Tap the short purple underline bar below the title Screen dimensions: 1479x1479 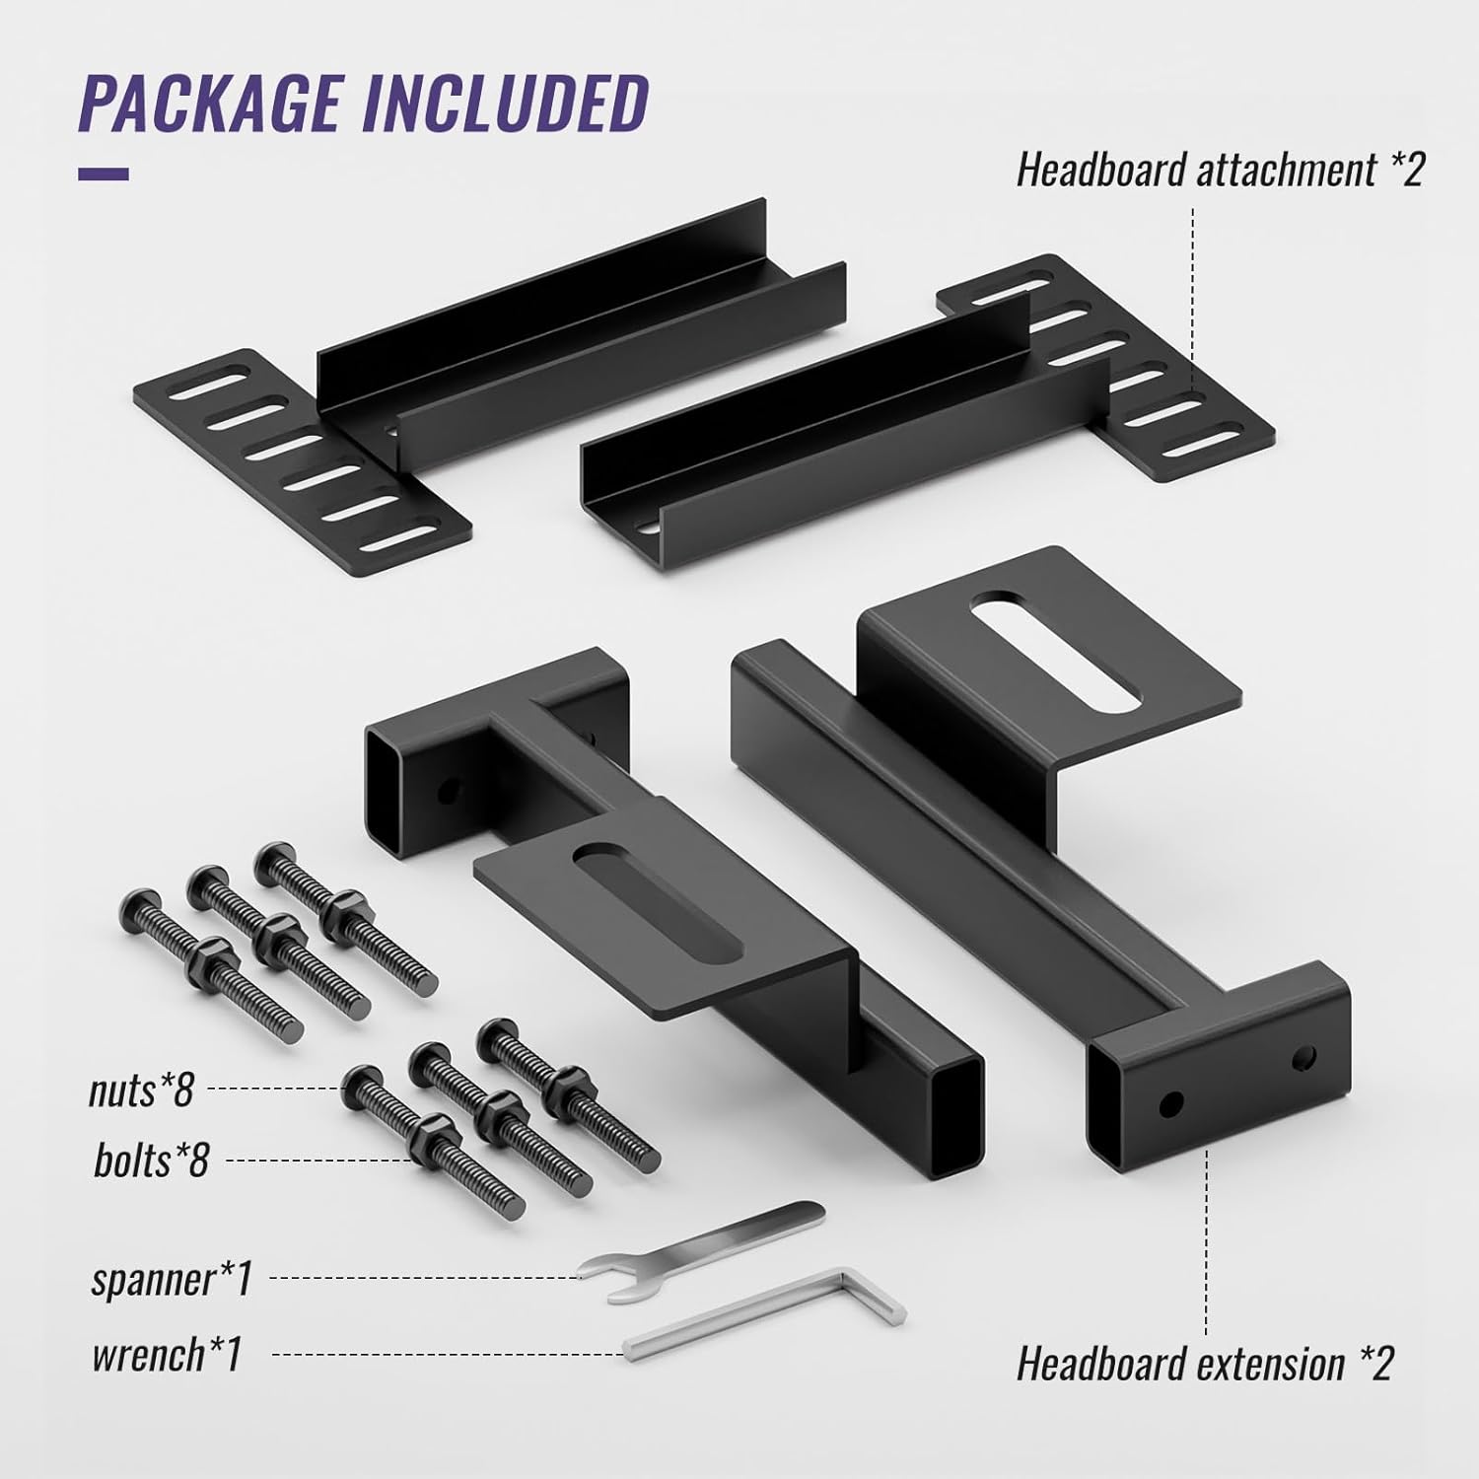click(x=104, y=175)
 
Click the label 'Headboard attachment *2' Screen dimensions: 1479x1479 click(x=1220, y=171)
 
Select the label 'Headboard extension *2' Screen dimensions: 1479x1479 click(x=1205, y=1365)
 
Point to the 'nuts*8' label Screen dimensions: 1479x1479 click(x=141, y=1090)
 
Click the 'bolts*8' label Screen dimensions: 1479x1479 click(x=151, y=1161)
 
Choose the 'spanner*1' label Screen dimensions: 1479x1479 click(x=172, y=1279)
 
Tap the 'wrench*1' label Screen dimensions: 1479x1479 click(x=166, y=1355)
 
